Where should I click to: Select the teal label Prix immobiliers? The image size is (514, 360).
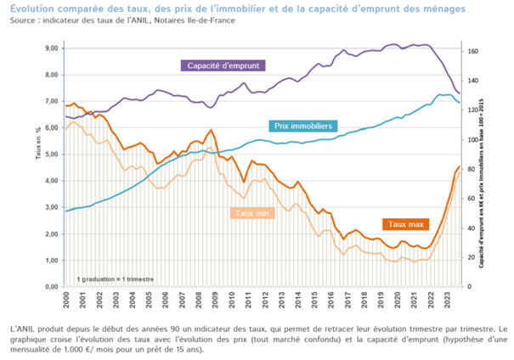point(302,125)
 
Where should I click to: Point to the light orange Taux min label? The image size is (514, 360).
point(253,214)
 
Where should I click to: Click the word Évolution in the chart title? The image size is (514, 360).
point(34,8)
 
